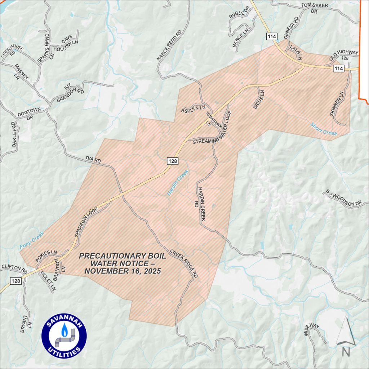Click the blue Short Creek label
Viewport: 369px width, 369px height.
(x=324, y=129)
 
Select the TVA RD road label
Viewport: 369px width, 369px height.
(x=93, y=160)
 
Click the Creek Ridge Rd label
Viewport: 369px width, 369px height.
(x=184, y=263)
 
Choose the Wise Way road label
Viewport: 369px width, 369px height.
(x=312, y=330)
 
